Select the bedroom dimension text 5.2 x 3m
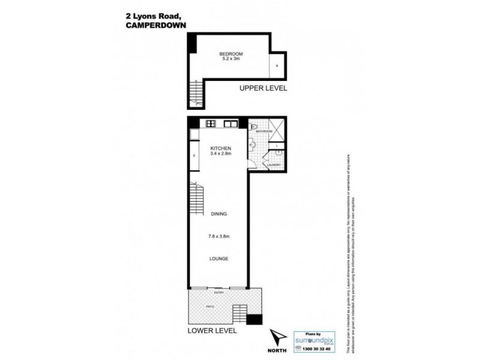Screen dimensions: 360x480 pyautogui.click(x=230, y=59)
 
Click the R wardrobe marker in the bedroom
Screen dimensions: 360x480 pyautogui.click(x=277, y=66)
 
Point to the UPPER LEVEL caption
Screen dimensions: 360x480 pyautogui.click(x=263, y=88)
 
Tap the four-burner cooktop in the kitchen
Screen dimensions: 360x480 pyautogui.click(x=211, y=124)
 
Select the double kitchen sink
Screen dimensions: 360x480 pyautogui.click(x=230, y=124)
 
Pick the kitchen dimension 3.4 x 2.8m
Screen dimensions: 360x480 pyautogui.click(x=220, y=154)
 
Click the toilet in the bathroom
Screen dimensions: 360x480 pyautogui.click(x=254, y=128)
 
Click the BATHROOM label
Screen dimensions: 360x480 pyautogui.click(x=265, y=131)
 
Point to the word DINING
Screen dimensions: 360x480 pyautogui.click(x=219, y=214)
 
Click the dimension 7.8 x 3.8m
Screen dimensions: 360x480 pyautogui.click(x=220, y=236)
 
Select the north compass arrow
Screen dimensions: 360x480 pyautogui.click(x=275, y=338)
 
